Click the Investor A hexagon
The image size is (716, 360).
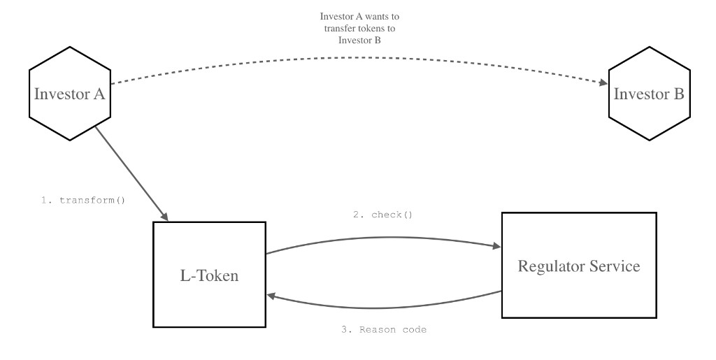point(70,93)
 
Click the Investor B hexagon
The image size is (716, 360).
point(648,93)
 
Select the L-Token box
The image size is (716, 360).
point(209,275)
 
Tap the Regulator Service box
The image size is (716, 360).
point(578,266)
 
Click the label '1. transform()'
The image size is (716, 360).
point(83,201)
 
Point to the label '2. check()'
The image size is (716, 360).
point(382,215)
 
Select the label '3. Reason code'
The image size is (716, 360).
point(384,329)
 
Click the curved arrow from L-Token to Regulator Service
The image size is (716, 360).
point(383,236)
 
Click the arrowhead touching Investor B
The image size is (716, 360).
point(603,82)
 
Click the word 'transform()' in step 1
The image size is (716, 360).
point(90,201)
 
